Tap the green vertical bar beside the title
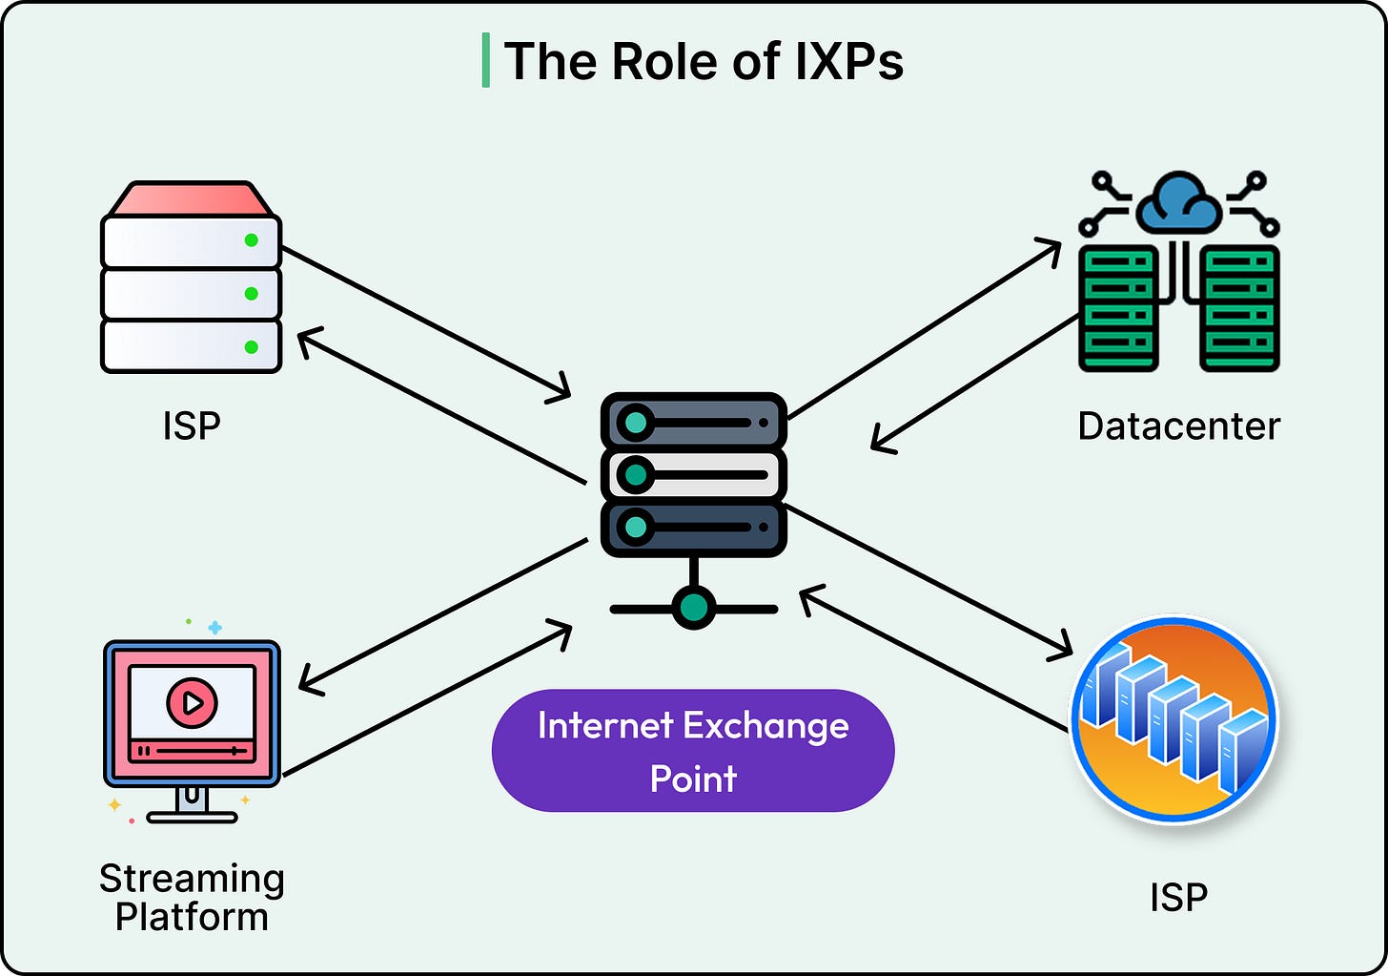click(x=486, y=60)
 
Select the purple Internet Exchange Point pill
click(x=693, y=751)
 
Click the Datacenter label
click(x=1178, y=426)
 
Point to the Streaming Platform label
click(x=192, y=897)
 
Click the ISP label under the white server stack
click(x=192, y=426)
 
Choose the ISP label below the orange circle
click(x=1178, y=897)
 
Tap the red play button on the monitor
click(x=192, y=703)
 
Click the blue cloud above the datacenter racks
click(x=1179, y=201)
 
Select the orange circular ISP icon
click(x=1174, y=719)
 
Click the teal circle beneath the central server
click(x=693, y=607)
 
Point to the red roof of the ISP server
click(x=192, y=198)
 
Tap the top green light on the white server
click(x=252, y=240)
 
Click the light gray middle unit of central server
click(x=693, y=474)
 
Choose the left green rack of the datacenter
click(x=1118, y=307)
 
